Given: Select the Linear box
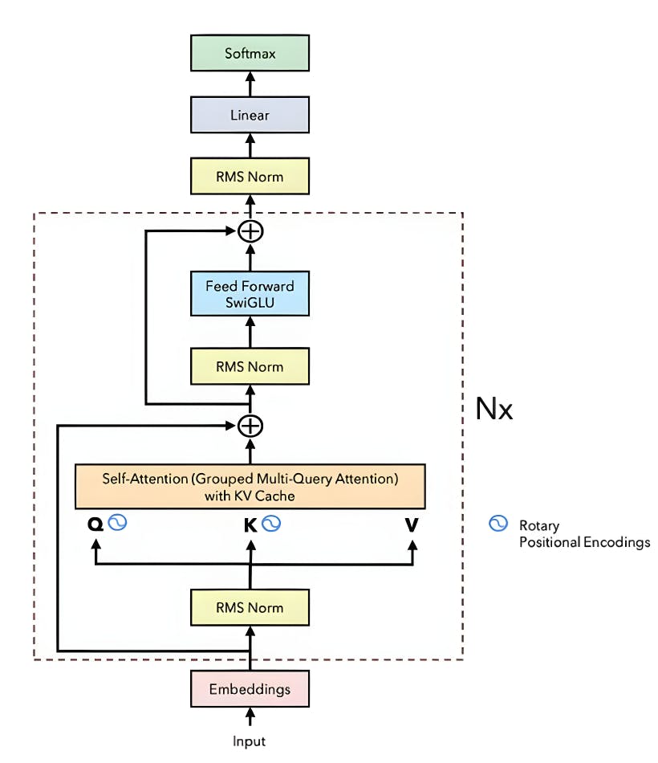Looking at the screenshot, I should [250, 116].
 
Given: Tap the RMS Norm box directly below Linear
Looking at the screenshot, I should [250, 176].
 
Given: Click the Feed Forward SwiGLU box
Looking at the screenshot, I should [250, 294].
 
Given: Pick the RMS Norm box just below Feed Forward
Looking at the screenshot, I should [250, 367].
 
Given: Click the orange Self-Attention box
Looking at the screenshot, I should [250, 487].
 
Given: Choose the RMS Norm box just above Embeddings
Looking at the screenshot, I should [250, 607].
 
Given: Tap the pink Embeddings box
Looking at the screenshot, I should [250, 689].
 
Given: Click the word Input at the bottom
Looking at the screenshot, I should [250, 741].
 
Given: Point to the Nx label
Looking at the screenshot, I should [494, 410].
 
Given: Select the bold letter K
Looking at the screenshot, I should [250, 525].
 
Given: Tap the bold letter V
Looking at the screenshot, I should [412, 525].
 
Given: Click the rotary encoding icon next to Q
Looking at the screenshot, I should [118, 524].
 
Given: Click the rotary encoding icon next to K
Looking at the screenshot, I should [271, 524].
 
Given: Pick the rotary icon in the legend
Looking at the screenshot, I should [498, 524].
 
